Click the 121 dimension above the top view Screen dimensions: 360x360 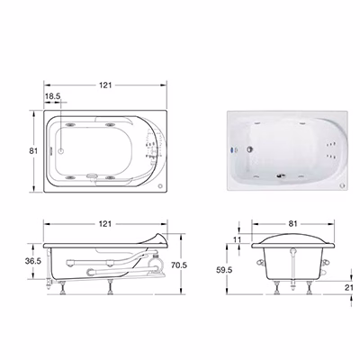point(105,85)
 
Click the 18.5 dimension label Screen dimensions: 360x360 point(53,96)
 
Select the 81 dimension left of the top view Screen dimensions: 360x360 point(33,151)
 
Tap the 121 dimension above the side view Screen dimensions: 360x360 point(105,224)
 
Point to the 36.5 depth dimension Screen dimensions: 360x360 point(33,261)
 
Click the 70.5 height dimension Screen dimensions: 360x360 point(179,265)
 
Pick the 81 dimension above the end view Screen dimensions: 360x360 point(292,224)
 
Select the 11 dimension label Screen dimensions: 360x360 point(237,239)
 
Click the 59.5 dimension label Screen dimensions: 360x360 point(224,270)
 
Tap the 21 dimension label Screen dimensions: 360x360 point(349,287)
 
